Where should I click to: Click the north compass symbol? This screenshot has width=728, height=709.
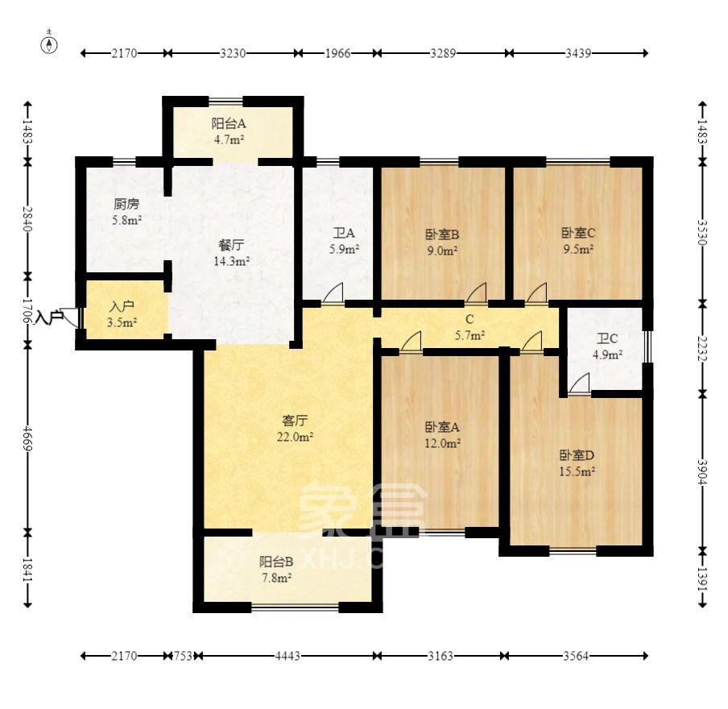[50, 44]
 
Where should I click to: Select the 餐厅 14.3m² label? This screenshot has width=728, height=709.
[232, 253]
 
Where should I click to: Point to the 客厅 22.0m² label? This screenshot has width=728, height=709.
[295, 429]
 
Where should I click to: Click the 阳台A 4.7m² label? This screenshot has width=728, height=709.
[229, 131]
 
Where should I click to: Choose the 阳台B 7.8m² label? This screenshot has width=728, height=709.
[275, 570]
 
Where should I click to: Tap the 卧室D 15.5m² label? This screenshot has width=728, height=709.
[577, 462]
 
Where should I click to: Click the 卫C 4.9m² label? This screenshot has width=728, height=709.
[607, 346]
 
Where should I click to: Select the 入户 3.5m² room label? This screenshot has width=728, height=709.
[122, 314]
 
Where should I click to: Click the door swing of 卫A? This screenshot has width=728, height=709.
[333, 292]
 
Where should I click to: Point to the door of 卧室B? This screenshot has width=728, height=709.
[477, 292]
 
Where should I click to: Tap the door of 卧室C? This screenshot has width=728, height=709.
[536, 292]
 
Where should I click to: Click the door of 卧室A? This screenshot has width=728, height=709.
[411, 341]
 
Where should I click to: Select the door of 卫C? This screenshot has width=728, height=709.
[580, 383]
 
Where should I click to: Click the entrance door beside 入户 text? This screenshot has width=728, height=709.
[71, 317]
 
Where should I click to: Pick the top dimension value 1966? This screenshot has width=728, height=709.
[337, 53]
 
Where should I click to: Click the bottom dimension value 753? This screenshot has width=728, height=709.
[183, 656]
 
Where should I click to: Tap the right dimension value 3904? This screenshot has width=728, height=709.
[702, 472]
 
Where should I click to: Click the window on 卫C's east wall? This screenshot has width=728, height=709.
[648, 346]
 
